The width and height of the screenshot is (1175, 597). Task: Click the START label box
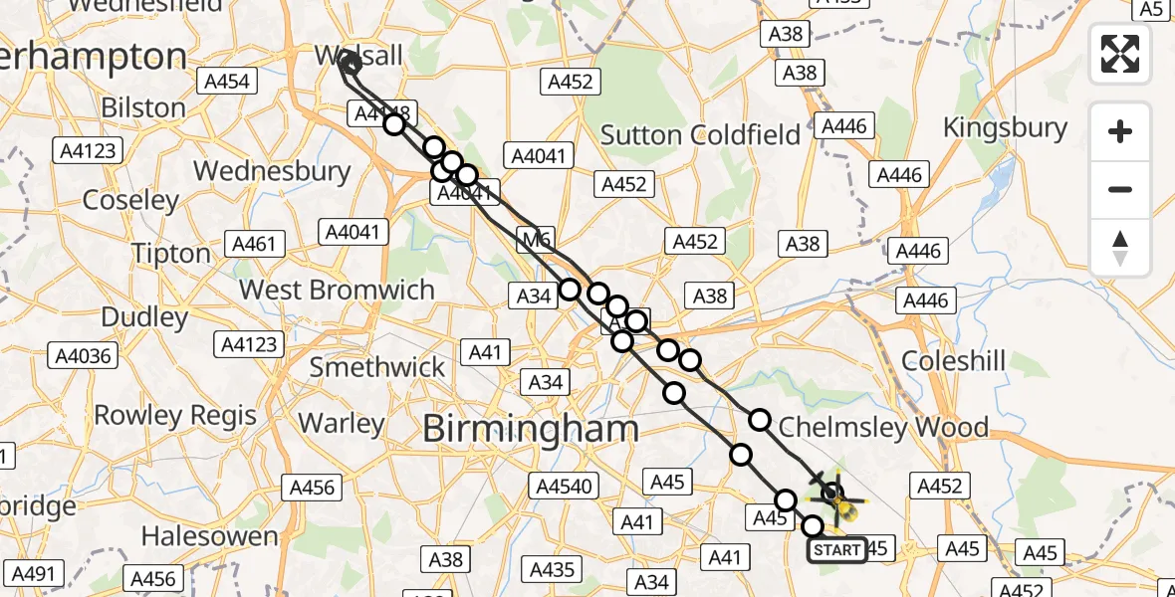click(x=836, y=549)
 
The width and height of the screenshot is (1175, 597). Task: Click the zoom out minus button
click(x=1120, y=189)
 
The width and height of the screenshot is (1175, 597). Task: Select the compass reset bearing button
click(x=1120, y=248)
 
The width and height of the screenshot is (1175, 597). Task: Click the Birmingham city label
click(x=531, y=429)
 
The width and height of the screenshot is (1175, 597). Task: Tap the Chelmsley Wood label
click(x=883, y=428)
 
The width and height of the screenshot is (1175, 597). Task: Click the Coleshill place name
click(x=953, y=360)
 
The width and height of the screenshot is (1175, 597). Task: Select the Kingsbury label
click(x=1005, y=127)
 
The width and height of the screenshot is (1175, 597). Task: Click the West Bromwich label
click(x=338, y=291)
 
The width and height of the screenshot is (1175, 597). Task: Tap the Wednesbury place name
click(x=272, y=171)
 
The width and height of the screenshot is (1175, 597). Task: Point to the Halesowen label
click(x=209, y=536)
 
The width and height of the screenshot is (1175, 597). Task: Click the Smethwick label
click(x=377, y=367)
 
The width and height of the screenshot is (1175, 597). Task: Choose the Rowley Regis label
click(x=175, y=415)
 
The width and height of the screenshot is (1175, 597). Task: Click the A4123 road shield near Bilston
click(x=88, y=151)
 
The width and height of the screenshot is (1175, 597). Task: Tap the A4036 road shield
click(x=84, y=355)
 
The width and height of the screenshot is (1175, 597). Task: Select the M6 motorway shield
click(x=535, y=238)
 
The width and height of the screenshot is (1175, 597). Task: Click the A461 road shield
click(x=257, y=244)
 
